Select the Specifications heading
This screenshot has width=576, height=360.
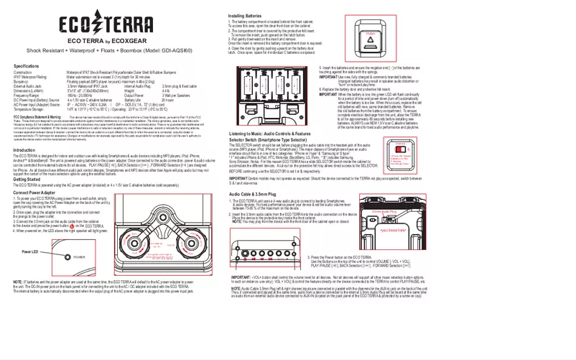tap(27, 66)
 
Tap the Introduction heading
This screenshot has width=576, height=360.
tap(24, 150)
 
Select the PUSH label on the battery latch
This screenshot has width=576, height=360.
tap(371, 33)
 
